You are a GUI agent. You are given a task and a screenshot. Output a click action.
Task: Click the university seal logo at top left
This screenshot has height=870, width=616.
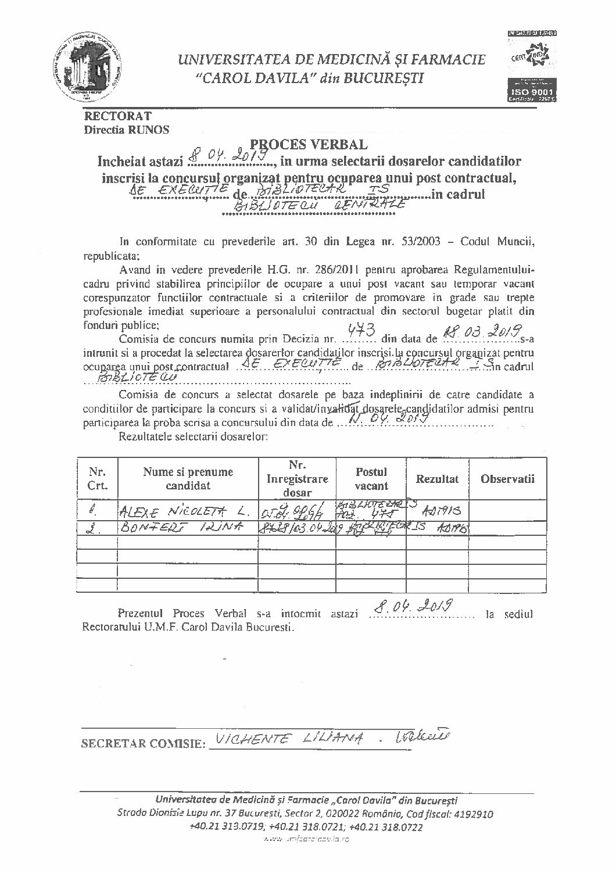click(88, 67)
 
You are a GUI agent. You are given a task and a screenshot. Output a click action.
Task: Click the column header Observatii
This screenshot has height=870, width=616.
click(507, 479)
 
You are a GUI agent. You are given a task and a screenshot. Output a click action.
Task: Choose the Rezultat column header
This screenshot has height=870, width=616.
click(437, 479)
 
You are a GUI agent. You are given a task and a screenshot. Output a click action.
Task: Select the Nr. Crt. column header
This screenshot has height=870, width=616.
click(97, 479)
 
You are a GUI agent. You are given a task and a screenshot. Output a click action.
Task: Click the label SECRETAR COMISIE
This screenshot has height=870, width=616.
click(143, 743)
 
